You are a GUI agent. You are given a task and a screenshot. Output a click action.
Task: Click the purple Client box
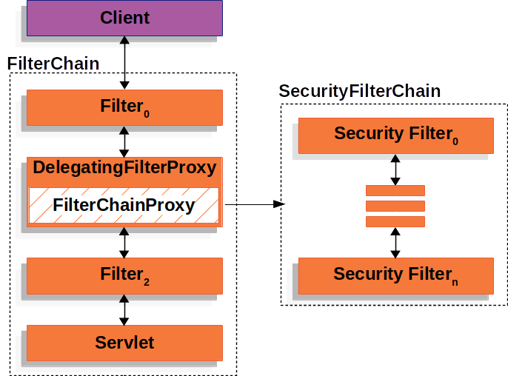point(124,18)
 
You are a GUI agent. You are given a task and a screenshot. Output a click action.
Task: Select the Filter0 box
point(124,107)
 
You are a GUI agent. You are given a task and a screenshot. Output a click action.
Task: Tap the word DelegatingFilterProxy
point(124,168)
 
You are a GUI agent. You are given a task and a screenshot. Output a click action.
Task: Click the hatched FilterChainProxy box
point(124,205)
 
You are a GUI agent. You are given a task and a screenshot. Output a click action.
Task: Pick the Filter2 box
point(124,275)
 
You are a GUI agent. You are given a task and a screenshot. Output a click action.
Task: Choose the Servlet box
point(124,343)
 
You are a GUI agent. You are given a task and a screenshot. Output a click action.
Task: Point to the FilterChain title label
point(53,64)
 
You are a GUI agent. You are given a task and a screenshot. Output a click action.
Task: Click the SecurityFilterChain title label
point(360,92)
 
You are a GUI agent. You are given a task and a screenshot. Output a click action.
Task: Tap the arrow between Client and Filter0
point(124,63)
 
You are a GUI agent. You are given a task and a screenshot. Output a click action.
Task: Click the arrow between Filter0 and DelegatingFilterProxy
point(124,141)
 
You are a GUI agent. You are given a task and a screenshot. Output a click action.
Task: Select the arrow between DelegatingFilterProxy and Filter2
point(124,242)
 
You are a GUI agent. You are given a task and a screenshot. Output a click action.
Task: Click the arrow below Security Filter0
point(395,169)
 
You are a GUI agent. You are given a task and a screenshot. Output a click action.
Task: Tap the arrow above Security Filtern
point(395,242)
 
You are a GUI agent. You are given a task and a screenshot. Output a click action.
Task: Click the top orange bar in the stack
point(395,190)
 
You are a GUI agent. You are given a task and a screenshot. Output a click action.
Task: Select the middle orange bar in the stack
point(395,206)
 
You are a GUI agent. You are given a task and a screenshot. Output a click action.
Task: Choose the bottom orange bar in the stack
point(395,221)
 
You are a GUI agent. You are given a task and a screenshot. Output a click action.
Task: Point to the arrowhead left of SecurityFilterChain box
point(279,205)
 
